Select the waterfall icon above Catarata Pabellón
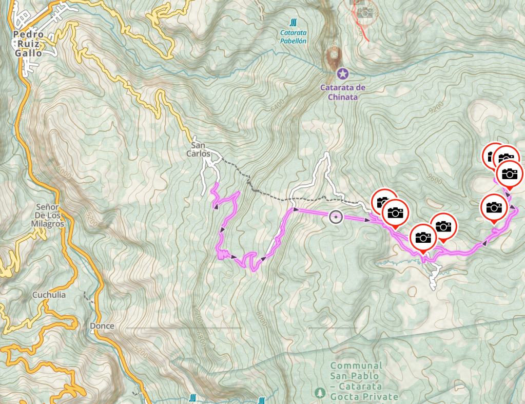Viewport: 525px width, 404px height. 293,22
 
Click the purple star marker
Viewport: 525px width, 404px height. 342,74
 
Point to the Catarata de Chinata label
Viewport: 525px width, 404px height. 342,92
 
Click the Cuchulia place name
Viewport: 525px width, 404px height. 49,295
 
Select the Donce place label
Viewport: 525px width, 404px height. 102,326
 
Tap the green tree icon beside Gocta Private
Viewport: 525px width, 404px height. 319,393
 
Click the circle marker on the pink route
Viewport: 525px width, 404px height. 336,218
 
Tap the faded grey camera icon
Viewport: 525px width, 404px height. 365,11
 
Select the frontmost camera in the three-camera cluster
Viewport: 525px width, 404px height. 509,174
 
